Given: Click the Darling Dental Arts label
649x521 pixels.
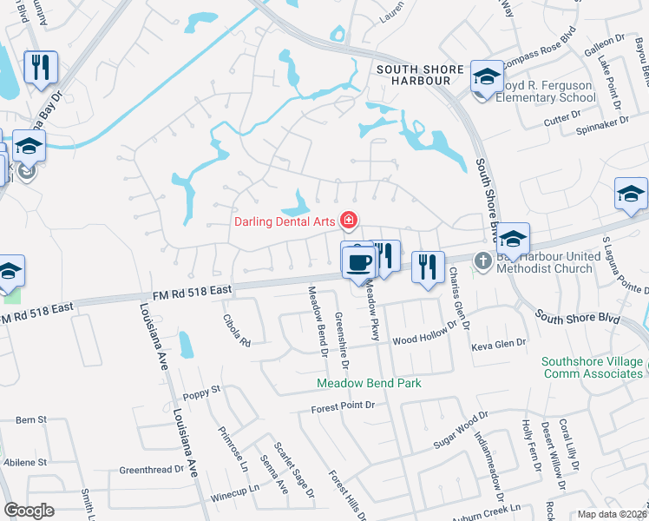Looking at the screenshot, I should point(285,221).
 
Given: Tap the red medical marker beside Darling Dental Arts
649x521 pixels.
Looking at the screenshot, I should point(349,221).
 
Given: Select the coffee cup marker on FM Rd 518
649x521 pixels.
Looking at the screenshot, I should point(358,261).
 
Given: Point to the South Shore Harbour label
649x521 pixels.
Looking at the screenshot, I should point(413,74).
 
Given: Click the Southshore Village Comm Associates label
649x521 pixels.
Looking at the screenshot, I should point(593,367).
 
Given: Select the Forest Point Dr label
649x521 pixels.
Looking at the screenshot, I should point(344,406).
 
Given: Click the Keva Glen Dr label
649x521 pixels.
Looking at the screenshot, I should point(498,344).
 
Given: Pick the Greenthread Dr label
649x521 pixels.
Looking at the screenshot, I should point(152,470).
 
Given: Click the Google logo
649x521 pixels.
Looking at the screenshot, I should point(29,511).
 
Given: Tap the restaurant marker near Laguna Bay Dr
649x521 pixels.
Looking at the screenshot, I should point(40,68).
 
